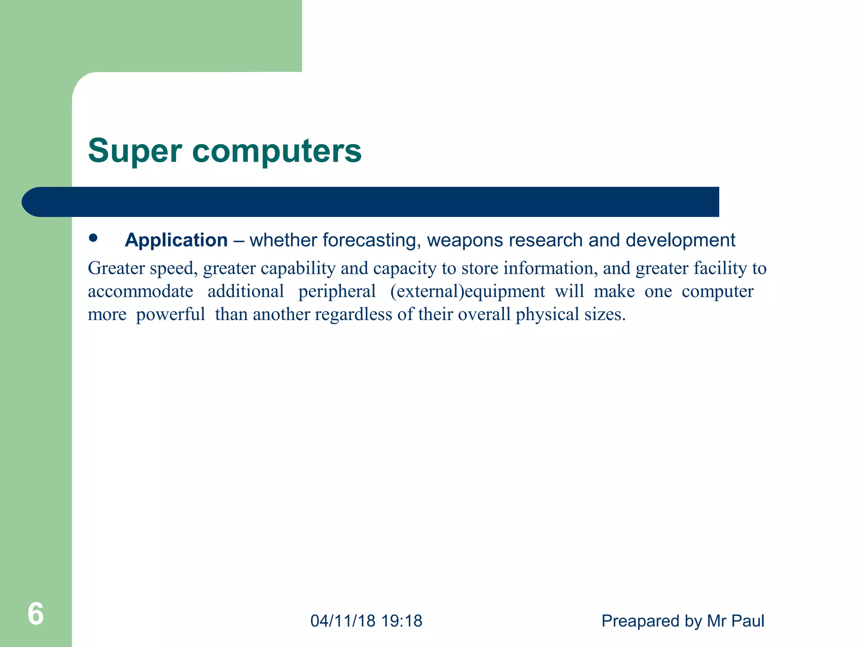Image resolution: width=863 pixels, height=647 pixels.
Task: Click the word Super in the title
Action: tap(135, 152)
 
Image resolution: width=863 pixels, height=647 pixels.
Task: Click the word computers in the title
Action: tap(277, 151)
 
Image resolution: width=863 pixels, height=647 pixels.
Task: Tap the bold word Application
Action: tap(176, 240)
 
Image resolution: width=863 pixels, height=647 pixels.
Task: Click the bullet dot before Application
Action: tap(93, 238)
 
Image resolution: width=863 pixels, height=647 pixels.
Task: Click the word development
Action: tap(680, 241)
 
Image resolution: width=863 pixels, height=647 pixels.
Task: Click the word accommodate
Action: tap(140, 291)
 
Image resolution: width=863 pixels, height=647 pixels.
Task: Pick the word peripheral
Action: tap(337, 292)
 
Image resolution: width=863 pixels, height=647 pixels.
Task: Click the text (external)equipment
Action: tap(467, 291)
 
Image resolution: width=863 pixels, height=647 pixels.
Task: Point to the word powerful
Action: tap(170, 315)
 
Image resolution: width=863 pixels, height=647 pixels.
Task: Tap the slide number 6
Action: tap(35, 614)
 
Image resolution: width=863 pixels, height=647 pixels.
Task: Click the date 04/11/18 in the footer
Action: tap(343, 621)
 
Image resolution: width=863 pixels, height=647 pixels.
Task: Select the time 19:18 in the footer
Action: tap(401, 621)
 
